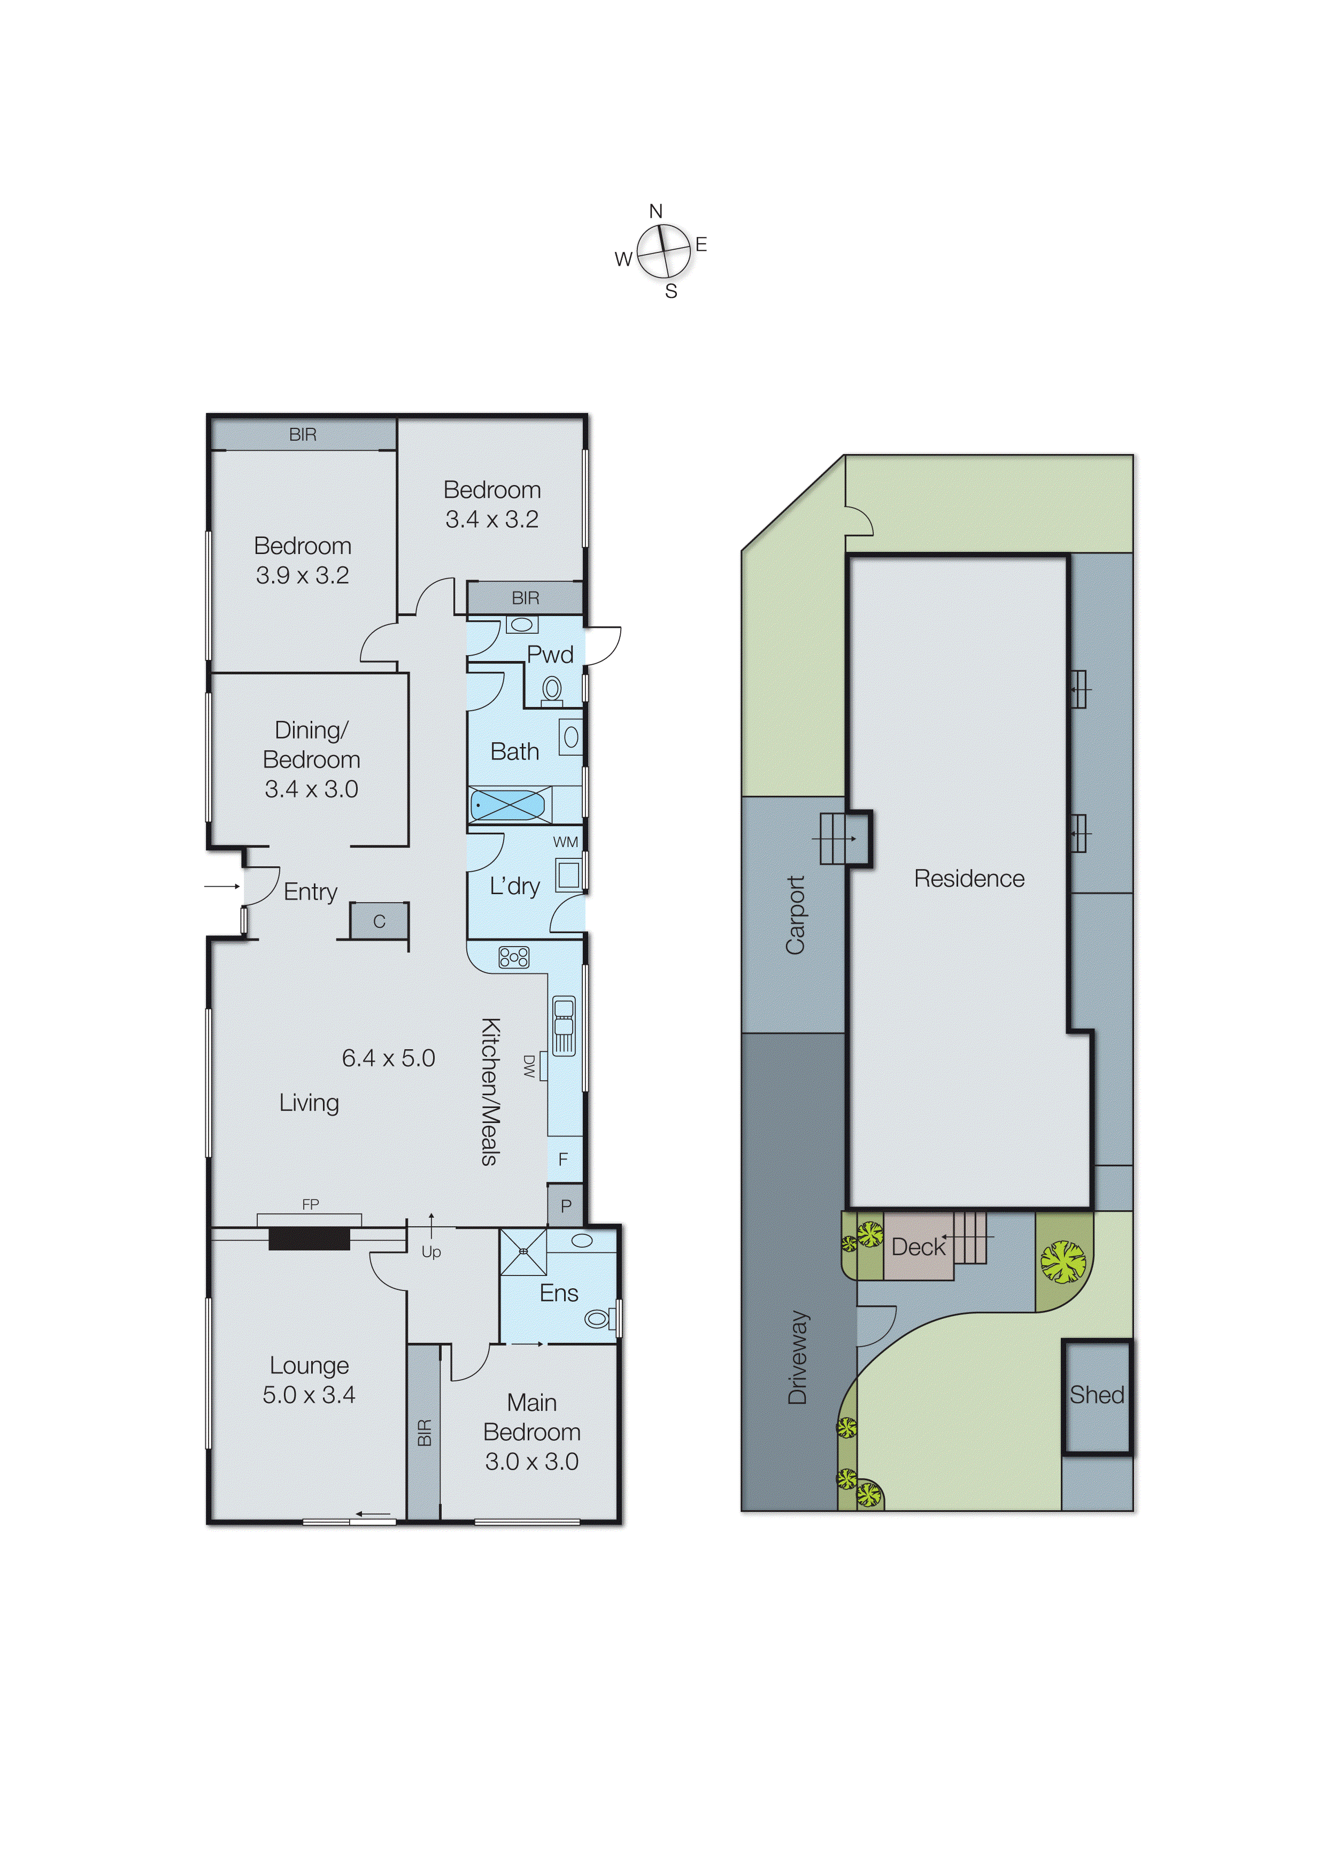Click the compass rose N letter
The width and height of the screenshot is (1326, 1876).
point(655,212)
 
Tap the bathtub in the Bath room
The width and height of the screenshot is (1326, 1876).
point(508,805)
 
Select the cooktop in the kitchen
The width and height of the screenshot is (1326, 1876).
point(514,957)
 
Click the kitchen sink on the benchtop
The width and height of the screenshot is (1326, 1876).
point(564,1025)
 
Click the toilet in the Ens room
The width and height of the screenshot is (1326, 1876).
point(598,1318)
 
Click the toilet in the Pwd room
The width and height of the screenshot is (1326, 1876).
point(552,689)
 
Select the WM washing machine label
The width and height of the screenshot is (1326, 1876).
point(565,842)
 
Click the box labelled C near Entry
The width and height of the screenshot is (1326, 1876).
point(379,921)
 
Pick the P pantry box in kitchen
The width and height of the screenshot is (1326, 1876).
point(565,1206)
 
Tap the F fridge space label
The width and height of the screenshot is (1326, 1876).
point(563,1159)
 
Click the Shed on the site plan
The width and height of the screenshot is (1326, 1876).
point(1097,1395)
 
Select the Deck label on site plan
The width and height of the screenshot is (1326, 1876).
point(918,1248)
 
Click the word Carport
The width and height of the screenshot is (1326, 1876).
point(795,914)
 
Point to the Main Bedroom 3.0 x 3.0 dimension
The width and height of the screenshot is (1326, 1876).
point(532,1462)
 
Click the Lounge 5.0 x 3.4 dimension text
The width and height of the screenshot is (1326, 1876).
point(309,1395)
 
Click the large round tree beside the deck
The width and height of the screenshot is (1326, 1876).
point(1063,1262)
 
